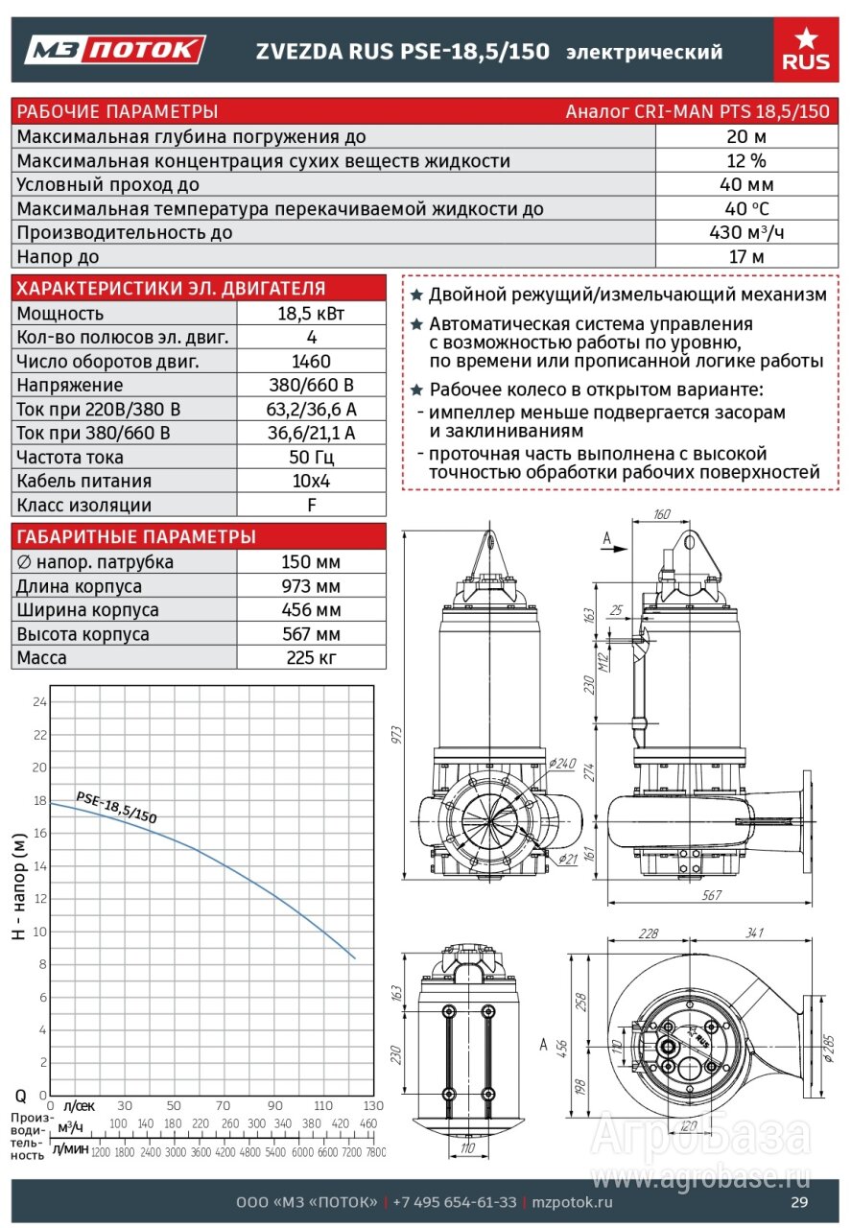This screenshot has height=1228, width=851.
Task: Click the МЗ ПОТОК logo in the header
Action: [x=115, y=50]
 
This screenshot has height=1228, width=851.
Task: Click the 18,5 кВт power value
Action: [x=311, y=314]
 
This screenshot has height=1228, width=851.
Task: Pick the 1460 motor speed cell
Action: [x=311, y=362]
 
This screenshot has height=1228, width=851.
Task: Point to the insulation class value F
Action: [x=311, y=506]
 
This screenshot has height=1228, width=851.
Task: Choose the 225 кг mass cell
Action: [x=311, y=658]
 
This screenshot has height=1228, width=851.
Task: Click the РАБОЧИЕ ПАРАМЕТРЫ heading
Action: [x=118, y=110]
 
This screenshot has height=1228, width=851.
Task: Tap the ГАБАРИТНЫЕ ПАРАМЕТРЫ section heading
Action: [x=136, y=536]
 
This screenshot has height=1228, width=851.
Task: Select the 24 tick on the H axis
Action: [x=39, y=702]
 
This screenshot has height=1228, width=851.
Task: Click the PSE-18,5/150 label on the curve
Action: [x=116, y=808]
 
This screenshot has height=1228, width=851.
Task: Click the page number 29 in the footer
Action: [x=799, y=1203]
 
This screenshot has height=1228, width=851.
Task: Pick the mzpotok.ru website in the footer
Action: [x=572, y=1203]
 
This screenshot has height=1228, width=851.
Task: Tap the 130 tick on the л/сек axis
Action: [x=373, y=1105]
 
